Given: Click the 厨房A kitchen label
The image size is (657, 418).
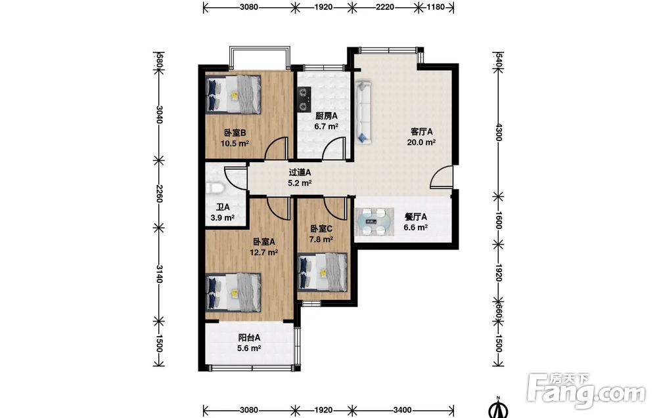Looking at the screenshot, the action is coord(327,116).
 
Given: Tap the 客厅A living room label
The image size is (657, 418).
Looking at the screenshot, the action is coord(422,132).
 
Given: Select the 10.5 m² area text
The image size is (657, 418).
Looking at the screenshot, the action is coord(235,144).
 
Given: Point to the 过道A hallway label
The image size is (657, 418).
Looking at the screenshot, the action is coord(300,173).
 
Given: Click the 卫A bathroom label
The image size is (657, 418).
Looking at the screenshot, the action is coord(223,207).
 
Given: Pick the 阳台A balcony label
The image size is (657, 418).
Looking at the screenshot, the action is coord(249,338).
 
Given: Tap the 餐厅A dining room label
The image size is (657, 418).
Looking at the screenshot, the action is coord(416,217).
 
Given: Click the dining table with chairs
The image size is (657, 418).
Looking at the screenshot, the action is coord(374,221).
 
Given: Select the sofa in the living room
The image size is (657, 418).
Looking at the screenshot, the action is coord(363,113).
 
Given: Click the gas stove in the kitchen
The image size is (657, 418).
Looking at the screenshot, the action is coord(304,100).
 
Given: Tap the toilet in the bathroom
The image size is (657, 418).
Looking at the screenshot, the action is coord(215,189).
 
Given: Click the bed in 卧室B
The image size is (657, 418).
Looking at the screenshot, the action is coord(234,94).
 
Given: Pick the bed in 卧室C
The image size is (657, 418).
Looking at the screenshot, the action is coord(322,272).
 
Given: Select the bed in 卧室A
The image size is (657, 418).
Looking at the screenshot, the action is coord(234,293).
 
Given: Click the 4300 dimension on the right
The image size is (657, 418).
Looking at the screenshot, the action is coord(498,132).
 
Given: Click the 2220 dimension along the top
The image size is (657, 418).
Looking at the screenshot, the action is coord(384,7).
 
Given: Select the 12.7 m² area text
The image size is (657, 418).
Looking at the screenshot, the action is coord(264,252).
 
